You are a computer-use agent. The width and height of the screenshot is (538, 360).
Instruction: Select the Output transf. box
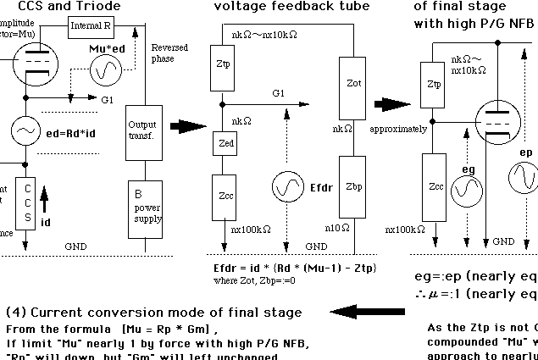click(x=141, y=132)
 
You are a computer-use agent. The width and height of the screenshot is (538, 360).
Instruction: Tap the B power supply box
click(x=141, y=203)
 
